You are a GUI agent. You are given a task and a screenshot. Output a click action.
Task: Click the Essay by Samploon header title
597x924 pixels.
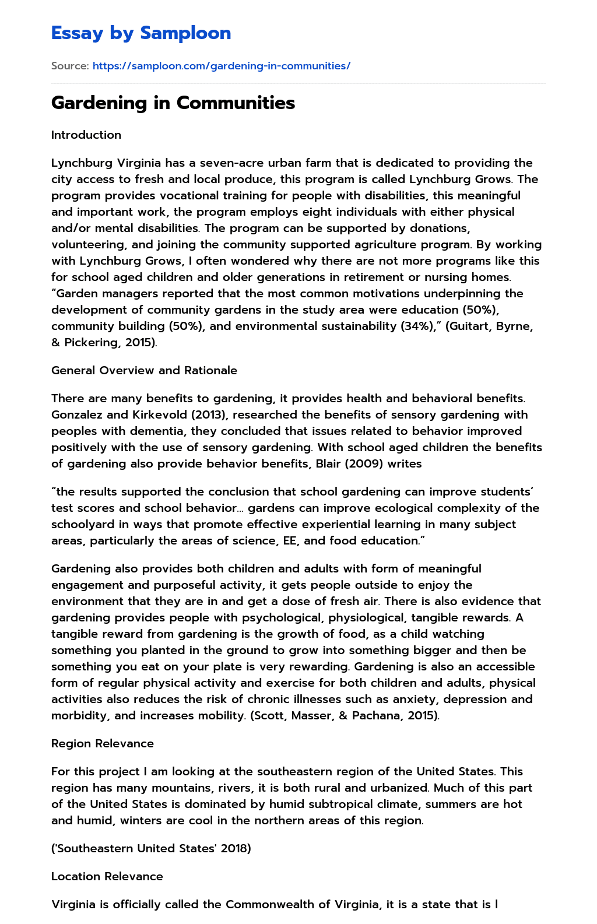[x=141, y=33]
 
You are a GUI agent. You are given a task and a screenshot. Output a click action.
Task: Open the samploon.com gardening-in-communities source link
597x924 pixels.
[x=222, y=66]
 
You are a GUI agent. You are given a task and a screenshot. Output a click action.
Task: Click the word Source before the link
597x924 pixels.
[x=69, y=66]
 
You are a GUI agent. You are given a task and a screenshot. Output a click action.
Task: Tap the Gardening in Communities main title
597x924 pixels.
[x=173, y=103]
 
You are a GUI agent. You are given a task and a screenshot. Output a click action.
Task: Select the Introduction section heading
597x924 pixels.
[x=86, y=135]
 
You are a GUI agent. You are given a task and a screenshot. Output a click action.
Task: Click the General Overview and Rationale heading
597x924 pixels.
[x=144, y=370]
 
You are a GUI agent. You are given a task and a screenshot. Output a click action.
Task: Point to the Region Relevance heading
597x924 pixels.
[x=103, y=743]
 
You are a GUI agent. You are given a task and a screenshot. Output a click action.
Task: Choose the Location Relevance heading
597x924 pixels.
[x=107, y=876]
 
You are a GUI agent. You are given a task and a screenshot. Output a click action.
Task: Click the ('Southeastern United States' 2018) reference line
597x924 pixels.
[x=151, y=848]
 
